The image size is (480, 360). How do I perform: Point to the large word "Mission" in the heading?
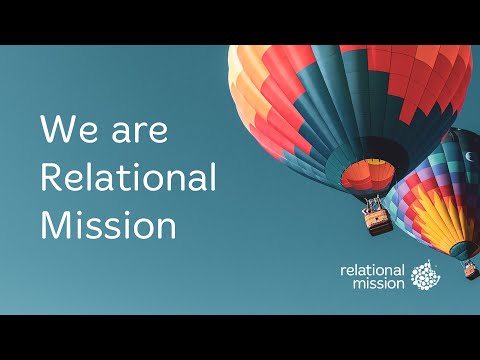(108, 224)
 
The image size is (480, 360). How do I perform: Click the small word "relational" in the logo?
(372, 270)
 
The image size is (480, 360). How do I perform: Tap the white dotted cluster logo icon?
(425, 275)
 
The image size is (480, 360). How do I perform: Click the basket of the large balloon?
(378, 221)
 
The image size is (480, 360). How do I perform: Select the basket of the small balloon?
(470, 269)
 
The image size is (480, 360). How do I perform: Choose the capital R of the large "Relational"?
(49, 179)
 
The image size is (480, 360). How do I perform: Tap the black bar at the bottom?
(240, 337)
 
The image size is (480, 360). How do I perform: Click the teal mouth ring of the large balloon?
(368, 163)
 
